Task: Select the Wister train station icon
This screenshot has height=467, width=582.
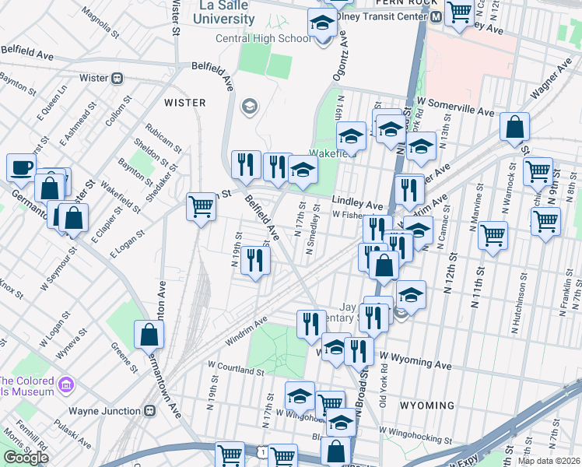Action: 118,78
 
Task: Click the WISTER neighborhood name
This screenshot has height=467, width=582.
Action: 184,103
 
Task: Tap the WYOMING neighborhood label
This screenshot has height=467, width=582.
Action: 426,406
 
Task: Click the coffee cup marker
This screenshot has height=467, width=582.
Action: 21,166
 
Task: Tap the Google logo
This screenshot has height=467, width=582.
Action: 26,457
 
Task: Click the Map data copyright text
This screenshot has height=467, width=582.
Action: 549,461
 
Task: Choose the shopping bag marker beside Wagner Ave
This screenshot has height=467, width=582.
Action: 514,126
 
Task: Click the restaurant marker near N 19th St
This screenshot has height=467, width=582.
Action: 254,260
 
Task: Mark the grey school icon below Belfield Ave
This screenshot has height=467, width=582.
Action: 250,106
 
